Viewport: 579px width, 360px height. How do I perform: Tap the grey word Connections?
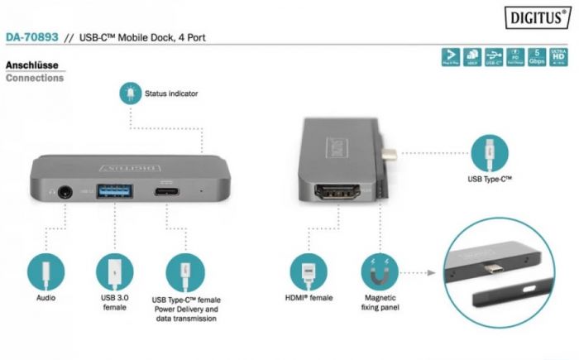click(34, 79)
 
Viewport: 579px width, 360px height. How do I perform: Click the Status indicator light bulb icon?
click(130, 94)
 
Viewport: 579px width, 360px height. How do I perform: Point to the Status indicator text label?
click(171, 94)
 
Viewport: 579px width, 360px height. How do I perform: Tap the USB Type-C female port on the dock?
click(167, 192)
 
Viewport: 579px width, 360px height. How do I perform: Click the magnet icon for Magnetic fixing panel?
click(380, 271)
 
